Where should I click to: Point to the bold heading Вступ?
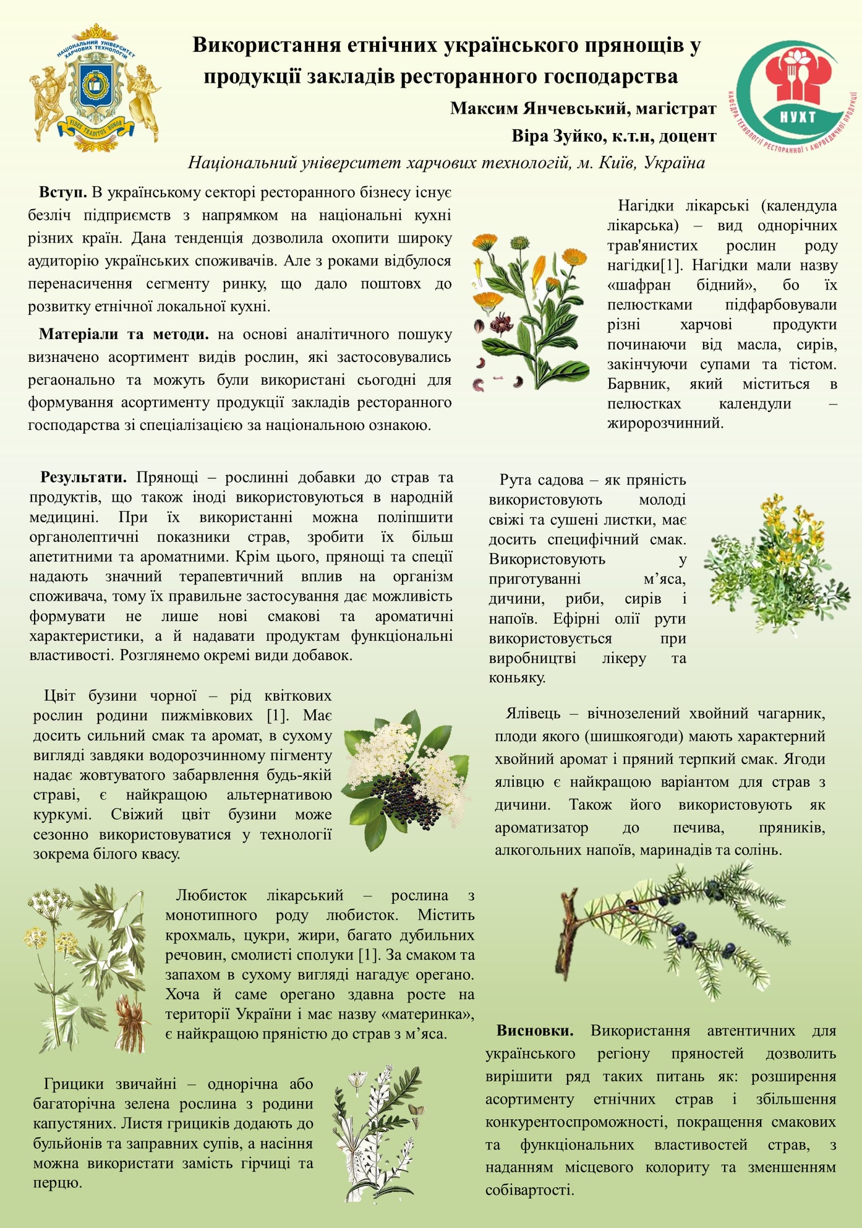point(63,192)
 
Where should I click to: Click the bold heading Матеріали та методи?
point(124,335)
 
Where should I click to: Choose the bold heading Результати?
point(83,478)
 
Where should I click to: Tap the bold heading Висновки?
point(535,1031)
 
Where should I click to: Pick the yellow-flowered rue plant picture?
point(776,563)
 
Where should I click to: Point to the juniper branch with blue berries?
point(674,928)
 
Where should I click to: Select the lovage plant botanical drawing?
point(87,968)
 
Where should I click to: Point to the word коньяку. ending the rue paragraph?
point(517,678)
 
